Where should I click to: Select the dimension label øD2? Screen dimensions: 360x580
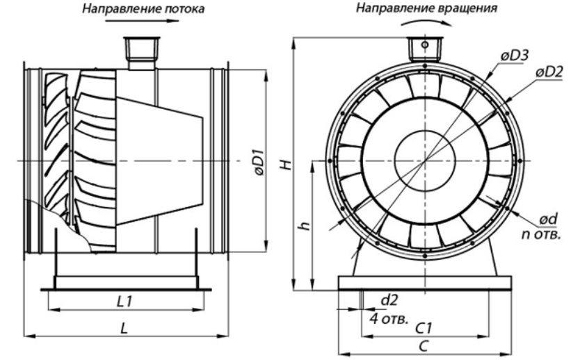(x=549, y=72)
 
